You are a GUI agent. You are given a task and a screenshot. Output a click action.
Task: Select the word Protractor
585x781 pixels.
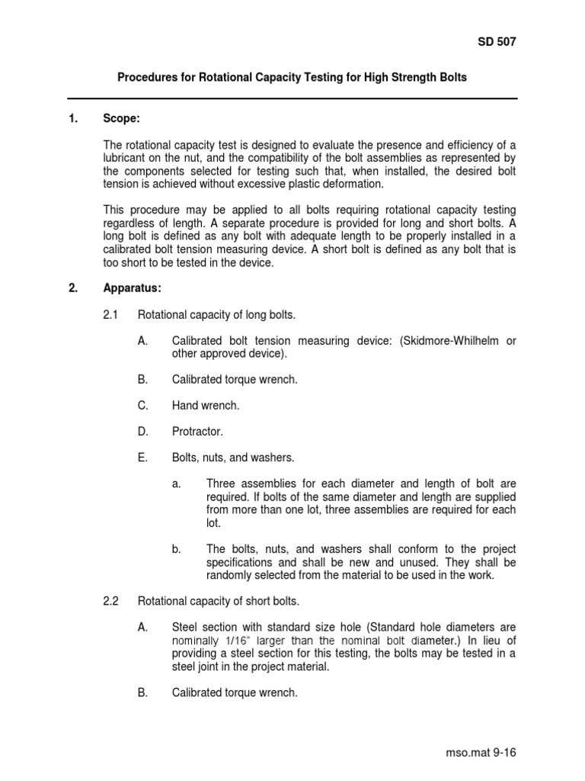(x=197, y=432)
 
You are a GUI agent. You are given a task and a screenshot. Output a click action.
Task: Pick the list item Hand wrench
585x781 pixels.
(x=206, y=406)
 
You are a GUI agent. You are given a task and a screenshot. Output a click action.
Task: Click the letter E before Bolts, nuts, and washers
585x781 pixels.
(x=142, y=458)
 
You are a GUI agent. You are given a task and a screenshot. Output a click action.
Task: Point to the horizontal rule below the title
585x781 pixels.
(x=292, y=98)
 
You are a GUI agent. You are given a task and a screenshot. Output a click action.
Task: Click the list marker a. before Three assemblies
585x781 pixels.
(x=176, y=484)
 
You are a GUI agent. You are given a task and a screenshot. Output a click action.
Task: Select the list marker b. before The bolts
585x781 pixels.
(x=176, y=549)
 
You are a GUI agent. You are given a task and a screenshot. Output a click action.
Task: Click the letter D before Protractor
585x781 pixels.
(x=142, y=432)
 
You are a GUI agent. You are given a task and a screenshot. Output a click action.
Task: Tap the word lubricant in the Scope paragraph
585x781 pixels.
(x=128, y=159)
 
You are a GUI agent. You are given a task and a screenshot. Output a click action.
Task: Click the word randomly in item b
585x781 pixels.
(x=231, y=575)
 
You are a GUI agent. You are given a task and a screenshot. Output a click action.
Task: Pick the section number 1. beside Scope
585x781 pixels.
(x=73, y=120)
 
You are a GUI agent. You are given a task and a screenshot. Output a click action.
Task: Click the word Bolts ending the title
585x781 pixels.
(x=452, y=78)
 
